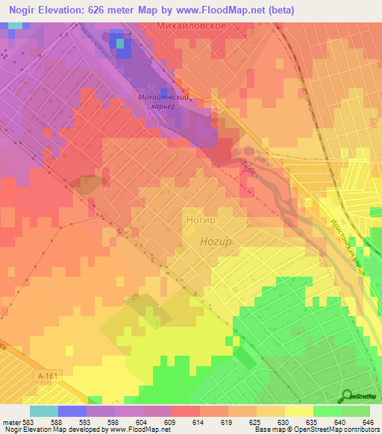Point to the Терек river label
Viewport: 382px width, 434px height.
pyautogui.click(x=248, y=170)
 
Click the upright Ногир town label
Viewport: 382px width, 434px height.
pyautogui.click(x=199, y=221)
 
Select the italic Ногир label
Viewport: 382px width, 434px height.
pyautogui.click(x=216, y=242)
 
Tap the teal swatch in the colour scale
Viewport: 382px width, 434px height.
pyautogui.click(x=43, y=411)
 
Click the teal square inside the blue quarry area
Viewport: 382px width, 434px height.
pyautogui.click(x=120, y=43)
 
